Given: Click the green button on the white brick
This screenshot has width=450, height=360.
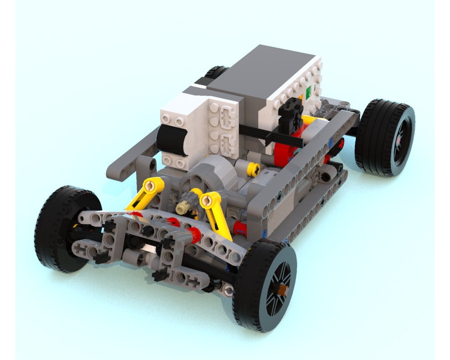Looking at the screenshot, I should [x=308, y=93].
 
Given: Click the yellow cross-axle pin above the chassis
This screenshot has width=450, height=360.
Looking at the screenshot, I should [x=253, y=169].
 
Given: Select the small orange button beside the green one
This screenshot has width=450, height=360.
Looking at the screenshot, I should [x=300, y=96].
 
